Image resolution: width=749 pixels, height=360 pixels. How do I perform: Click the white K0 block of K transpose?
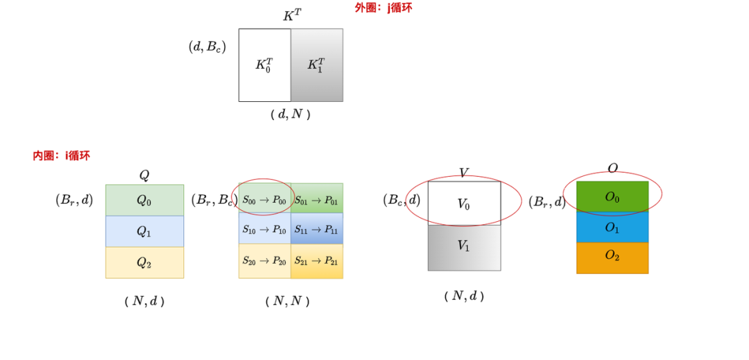[x=264, y=65]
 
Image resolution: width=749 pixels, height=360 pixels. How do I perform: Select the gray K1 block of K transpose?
[x=316, y=65]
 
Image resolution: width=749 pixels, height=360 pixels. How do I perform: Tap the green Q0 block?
[x=144, y=200]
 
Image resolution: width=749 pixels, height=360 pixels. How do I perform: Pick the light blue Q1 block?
[x=144, y=231]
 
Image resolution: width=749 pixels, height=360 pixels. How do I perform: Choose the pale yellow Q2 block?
[x=144, y=262]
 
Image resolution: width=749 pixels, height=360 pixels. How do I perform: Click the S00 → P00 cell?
[x=264, y=200]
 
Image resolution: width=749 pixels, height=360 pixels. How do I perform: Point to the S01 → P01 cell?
[x=316, y=200]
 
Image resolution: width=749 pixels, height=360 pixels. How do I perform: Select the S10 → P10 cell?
[x=264, y=229]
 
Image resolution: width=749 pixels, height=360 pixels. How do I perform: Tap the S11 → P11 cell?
[x=316, y=229]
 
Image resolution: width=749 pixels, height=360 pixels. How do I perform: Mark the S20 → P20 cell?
[x=264, y=261]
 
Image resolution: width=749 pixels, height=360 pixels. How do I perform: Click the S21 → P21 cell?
[x=316, y=261]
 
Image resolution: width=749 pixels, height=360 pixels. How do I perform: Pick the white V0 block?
[x=464, y=203]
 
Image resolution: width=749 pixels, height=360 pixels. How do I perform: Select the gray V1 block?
[x=464, y=247]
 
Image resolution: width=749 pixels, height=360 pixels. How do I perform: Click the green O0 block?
[x=612, y=197]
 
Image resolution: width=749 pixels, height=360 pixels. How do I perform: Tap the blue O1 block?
[x=612, y=227]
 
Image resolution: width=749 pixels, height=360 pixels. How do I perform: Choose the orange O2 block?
[x=612, y=257]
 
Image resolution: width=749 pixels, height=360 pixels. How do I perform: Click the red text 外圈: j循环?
[x=384, y=8]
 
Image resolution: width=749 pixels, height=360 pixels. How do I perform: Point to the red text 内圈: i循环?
[x=61, y=155]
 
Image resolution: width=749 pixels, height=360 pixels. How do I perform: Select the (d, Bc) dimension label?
[x=207, y=47]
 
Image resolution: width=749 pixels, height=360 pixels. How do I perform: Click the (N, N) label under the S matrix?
[x=287, y=301]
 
